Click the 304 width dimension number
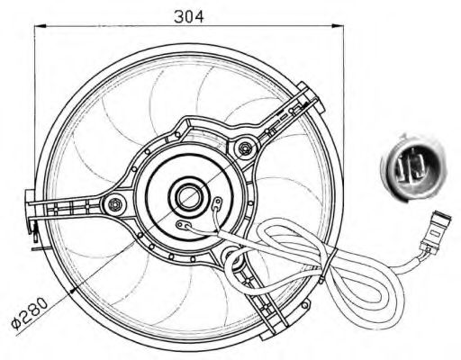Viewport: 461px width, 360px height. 188,16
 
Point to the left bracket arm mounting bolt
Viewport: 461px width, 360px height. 113,204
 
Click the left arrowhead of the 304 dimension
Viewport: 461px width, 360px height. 39,28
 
